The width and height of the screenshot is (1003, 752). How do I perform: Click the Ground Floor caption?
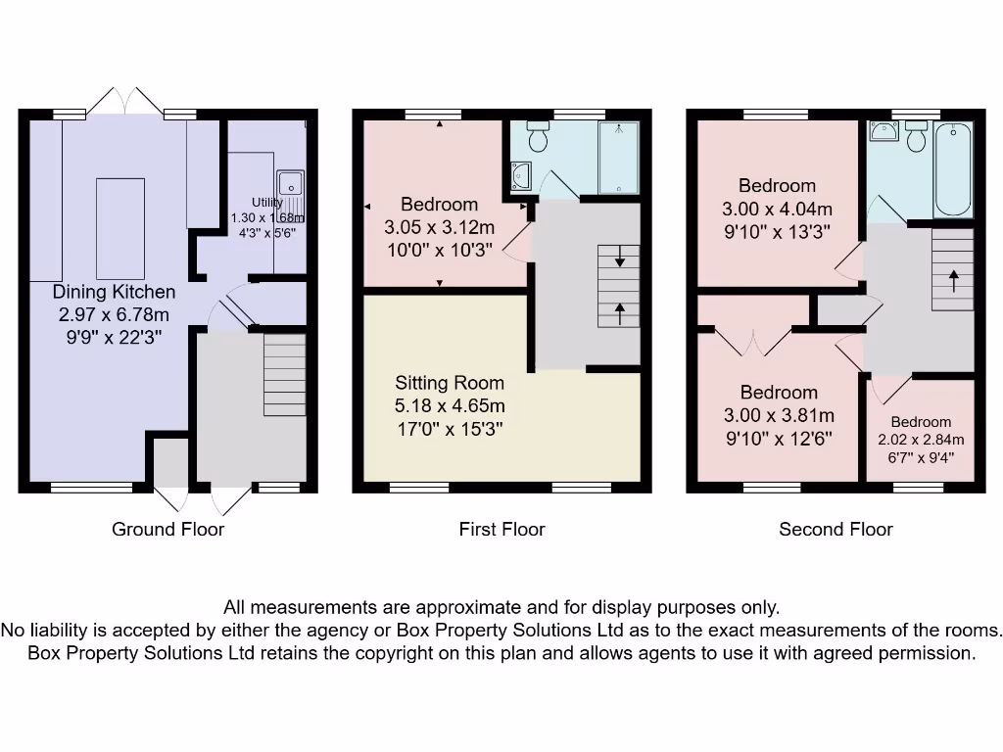(x=167, y=530)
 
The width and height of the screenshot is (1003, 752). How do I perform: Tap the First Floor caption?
(x=501, y=530)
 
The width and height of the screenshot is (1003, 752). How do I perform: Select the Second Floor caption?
(x=836, y=530)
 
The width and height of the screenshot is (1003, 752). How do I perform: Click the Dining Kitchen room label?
(x=115, y=292)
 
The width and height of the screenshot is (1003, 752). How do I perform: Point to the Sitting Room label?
(x=450, y=383)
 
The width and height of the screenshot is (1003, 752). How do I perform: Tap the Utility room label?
(x=266, y=203)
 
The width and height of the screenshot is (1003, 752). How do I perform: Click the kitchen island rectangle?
(x=120, y=228)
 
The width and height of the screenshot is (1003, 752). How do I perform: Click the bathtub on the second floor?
(x=953, y=169)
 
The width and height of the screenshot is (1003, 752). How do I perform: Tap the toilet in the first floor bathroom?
(x=538, y=136)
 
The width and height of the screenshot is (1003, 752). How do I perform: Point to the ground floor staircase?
(x=284, y=375)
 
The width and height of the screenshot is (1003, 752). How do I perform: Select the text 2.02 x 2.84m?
(x=921, y=440)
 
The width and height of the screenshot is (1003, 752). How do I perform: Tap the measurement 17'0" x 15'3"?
(x=450, y=428)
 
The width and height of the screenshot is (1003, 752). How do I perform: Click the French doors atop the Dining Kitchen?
(x=123, y=101)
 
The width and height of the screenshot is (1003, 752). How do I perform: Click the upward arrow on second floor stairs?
(x=953, y=277)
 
